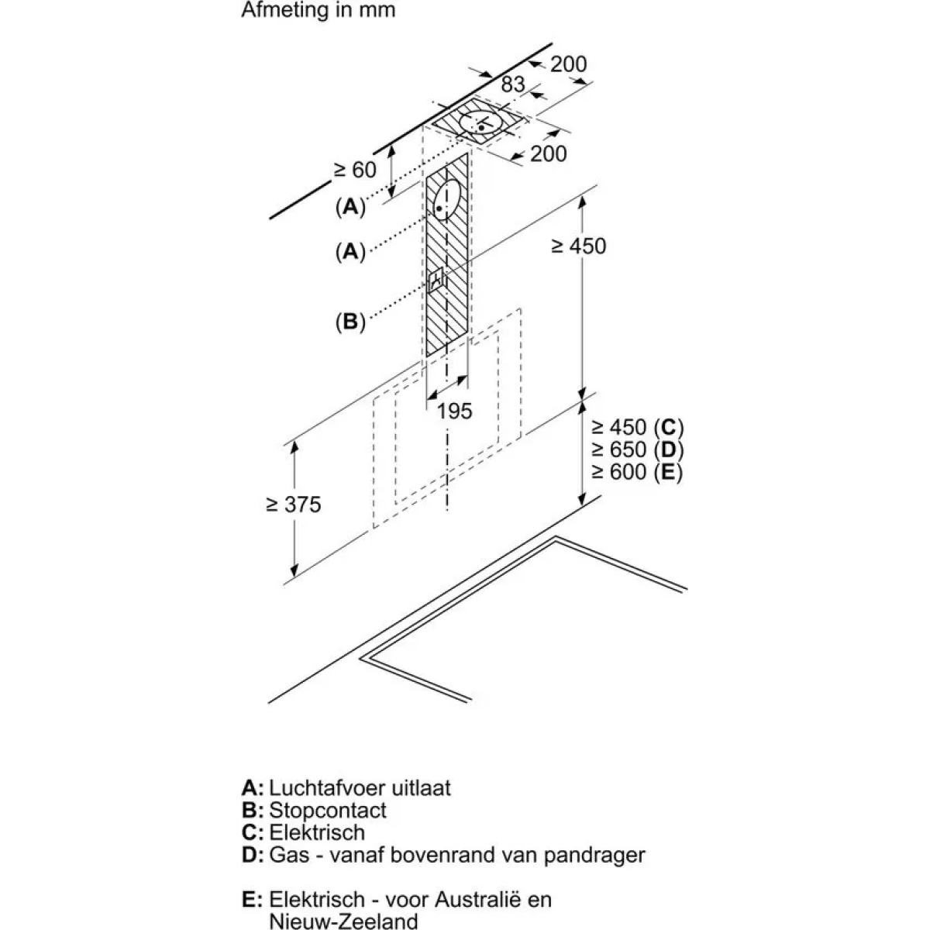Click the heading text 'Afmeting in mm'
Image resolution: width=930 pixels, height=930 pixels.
(318, 10)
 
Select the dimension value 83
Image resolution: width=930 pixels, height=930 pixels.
(512, 84)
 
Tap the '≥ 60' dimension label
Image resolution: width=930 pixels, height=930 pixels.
(355, 170)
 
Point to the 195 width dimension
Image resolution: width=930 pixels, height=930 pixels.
(454, 412)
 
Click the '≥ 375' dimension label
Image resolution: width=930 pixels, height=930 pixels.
(294, 505)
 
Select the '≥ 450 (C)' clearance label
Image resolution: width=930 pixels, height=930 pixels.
(638, 428)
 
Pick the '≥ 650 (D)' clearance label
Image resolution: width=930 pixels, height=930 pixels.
(638, 449)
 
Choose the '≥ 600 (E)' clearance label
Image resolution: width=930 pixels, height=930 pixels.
(638, 472)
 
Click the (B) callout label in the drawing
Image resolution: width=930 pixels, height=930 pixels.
(350, 322)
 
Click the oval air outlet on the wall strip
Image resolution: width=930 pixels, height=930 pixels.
(447, 200)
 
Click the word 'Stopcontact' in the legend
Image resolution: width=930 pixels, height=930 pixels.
(328, 810)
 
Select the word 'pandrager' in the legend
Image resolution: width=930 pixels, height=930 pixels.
(594, 855)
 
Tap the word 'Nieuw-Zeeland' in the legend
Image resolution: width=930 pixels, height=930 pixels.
(343, 921)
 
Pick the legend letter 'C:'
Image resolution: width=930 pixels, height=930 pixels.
(253, 832)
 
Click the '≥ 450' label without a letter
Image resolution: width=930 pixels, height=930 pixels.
(579, 246)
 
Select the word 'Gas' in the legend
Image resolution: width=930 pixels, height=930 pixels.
(288, 855)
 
